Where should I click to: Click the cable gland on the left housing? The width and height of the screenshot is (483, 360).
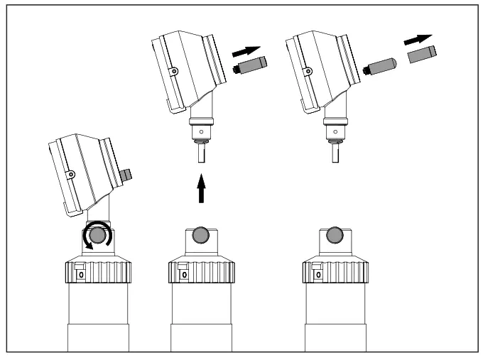pyautogui.click(x=127, y=174)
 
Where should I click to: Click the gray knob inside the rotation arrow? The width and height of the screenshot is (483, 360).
pyautogui.click(x=97, y=236)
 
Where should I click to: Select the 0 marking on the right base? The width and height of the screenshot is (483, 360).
pyautogui.click(x=318, y=273)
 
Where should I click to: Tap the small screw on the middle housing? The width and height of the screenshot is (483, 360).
pyautogui.click(x=173, y=70)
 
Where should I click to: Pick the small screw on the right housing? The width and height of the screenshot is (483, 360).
pyautogui.click(x=305, y=70)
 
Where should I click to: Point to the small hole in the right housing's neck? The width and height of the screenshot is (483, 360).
pyautogui.click(x=335, y=132)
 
